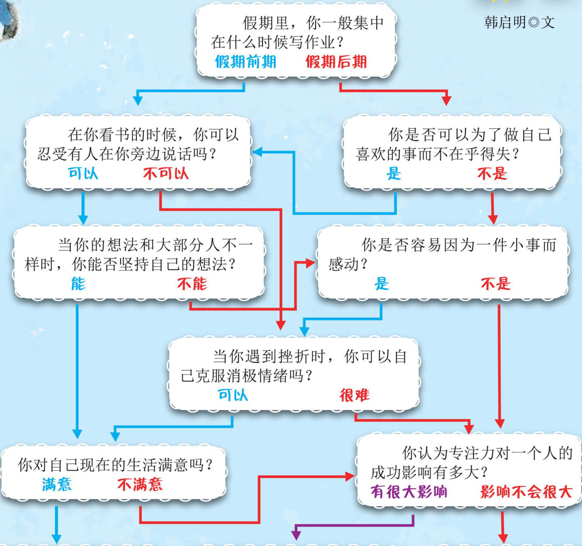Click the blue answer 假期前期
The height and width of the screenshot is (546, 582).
pos(245,62)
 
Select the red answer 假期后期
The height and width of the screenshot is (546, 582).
pos(336,62)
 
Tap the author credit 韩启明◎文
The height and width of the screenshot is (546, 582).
pos(519,22)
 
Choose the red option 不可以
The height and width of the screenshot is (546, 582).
pos(166,174)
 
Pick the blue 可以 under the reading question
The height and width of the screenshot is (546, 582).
pos(83,174)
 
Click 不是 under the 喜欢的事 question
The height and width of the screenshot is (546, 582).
pos(492,174)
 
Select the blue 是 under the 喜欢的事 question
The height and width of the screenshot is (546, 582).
pos(394,174)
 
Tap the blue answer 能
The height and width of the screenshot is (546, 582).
pos(78,284)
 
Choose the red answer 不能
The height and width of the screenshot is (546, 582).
pos(192,284)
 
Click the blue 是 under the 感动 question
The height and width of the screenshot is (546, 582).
pos(381,284)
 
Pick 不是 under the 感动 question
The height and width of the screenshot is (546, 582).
pos(496,284)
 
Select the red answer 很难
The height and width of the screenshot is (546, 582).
pos(354,395)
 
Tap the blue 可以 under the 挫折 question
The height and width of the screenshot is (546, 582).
pos(233,395)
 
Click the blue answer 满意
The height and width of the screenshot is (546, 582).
pos(57,484)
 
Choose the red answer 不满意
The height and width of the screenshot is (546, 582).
pos(140,484)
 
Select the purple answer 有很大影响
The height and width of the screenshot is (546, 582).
pos(409,492)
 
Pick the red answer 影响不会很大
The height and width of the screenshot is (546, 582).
pos(526,492)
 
